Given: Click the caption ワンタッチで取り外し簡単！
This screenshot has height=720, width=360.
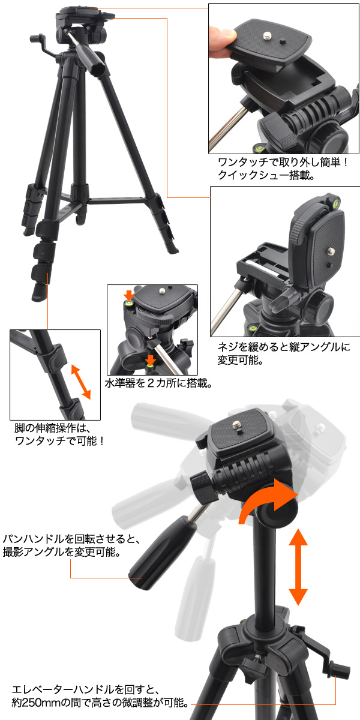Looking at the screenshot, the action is pos(283,163).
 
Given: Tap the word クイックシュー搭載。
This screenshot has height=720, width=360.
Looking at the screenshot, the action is pos(266,175).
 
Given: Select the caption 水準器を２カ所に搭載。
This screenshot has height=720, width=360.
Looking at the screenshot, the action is pos(158,383).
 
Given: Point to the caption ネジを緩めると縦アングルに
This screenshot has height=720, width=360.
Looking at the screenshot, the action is pos(284,347).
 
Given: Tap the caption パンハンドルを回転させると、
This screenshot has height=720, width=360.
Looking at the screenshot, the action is pos(71,539).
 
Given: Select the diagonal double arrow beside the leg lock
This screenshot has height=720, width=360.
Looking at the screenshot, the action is pos(80,382).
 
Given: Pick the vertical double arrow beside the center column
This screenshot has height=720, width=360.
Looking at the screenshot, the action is pos(298,568).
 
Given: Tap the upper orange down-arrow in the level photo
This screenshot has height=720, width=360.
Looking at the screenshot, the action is pos(129,295).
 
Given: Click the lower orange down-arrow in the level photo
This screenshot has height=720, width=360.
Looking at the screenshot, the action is pos(150,359).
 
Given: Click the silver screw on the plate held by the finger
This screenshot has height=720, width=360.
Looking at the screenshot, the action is pos(266,36).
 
